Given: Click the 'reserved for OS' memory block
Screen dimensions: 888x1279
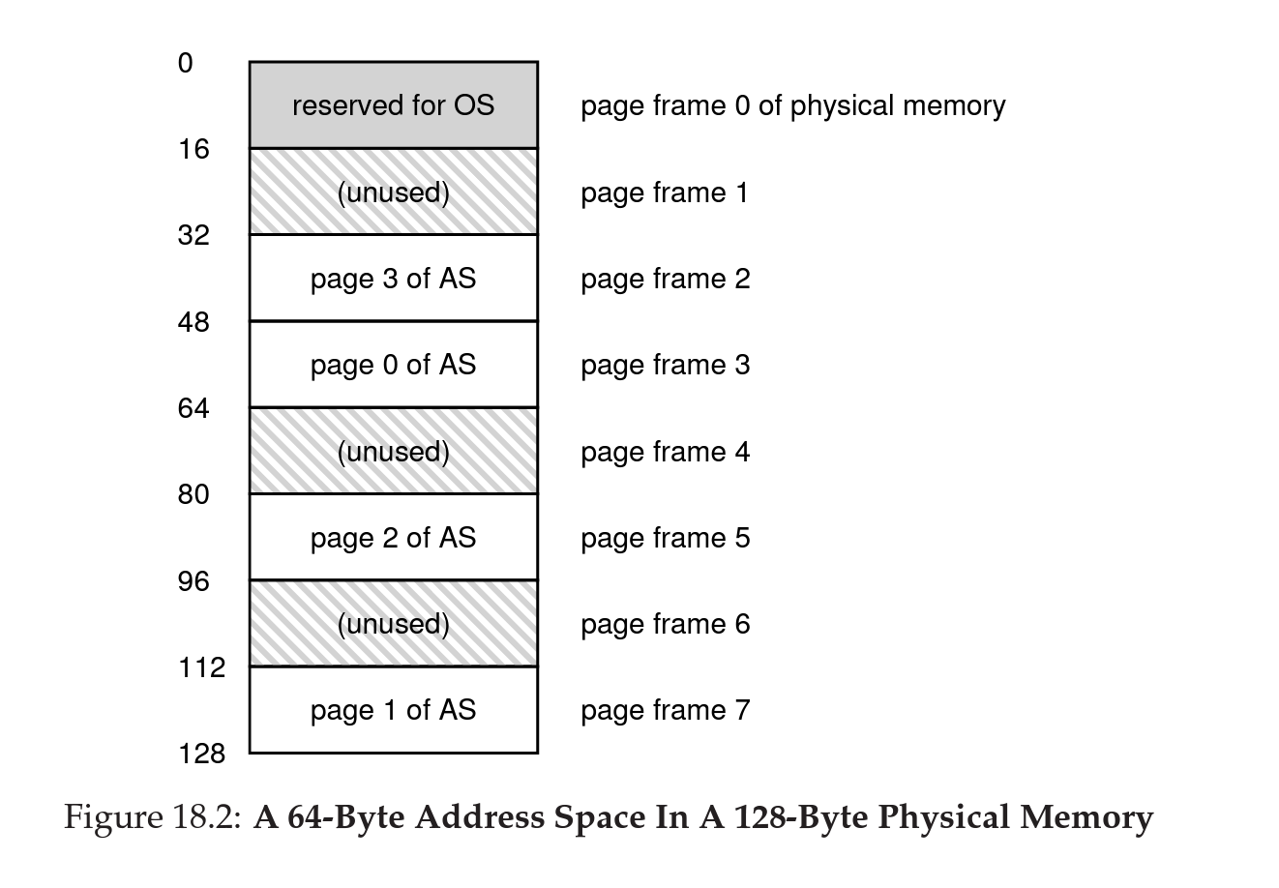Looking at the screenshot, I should [393, 105].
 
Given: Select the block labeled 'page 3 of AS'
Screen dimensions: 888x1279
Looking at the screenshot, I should [393, 279].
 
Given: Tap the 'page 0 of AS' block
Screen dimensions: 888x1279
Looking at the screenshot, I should [393, 365].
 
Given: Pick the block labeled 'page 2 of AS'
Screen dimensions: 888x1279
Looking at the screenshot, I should [393, 538].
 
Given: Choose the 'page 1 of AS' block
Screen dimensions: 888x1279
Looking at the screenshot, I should [393, 710].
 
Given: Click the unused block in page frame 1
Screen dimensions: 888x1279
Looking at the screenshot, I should [393, 192].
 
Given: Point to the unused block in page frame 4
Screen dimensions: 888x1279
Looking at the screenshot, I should [393, 452].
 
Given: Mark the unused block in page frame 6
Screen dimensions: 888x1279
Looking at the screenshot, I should [393, 624].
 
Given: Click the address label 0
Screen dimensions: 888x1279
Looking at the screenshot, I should [185, 64].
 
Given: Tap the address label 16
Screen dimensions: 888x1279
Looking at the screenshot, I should [193, 150].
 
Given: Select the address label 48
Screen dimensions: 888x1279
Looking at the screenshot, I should [193, 322].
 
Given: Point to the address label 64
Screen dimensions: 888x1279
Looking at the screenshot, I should [193, 408].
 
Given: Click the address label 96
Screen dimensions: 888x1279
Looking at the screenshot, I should [193, 581].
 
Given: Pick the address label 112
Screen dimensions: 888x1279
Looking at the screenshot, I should [200, 667].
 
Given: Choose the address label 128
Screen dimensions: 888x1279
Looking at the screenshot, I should [200, 754].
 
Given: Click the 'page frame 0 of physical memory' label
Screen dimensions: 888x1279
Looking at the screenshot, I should [792, 106].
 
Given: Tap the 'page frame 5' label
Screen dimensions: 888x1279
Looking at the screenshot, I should [665, 538].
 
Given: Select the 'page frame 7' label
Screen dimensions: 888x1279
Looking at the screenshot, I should [665, 711].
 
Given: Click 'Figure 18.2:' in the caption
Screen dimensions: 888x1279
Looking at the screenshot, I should [152, 818].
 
